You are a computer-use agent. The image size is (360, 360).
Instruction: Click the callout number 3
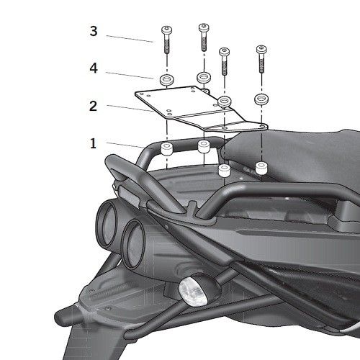pyautogui.click(x=94, y=31)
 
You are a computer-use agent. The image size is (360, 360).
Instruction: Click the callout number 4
pyautogui.click(x=94, y=68)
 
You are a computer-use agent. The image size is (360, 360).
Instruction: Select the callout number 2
pyautogui.click(x=93, y=106)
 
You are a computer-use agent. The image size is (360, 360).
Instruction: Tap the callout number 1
pyautogui.click(x=93, y=143)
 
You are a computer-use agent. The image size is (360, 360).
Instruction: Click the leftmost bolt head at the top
pyautogui.click(x=166, y=30)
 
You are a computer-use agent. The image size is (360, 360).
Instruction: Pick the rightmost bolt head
pyautogui.click(x=261, y=49)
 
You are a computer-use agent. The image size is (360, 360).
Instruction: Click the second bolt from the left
pyautogui.click(x=204, y=37)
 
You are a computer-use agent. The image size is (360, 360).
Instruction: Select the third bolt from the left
pyautogui.click(x=224, y=61)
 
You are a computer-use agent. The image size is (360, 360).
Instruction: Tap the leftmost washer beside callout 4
pyautogui.click(x=167, y=79)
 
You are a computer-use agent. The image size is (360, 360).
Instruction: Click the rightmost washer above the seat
pyautogui.click(x=261, y=99)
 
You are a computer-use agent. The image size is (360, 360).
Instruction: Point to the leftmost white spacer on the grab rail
pyautogui.click(x=167, y=148)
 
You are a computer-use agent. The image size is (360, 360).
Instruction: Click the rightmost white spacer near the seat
pyautogui.click(x=261, y=168)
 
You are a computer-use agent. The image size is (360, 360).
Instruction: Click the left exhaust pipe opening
pyautogui.click(x=107, y=222)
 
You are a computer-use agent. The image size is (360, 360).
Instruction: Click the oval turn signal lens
pyautogui.click(x=193, y=291)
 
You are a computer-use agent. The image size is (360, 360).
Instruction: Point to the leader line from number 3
pyautogui.click(x=130, y=39)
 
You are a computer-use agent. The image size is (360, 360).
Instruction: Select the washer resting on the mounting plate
pyautogui.click(x=224, y=102)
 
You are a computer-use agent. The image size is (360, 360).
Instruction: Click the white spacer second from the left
pyautogui.click(x=204, y=146)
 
